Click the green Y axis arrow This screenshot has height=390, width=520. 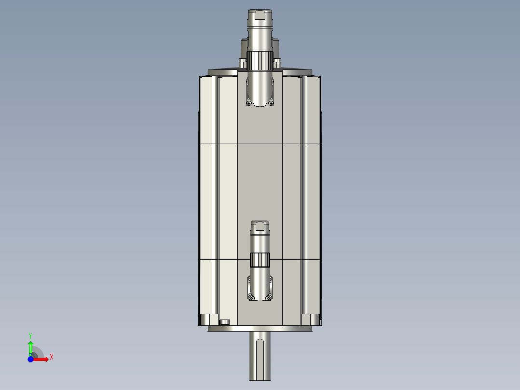point(30,347)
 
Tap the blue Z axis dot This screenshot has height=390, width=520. point(30,359)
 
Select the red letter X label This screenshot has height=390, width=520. point(51,357)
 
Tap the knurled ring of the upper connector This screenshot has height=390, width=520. point(260,60)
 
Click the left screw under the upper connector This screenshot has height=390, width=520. point(249,103)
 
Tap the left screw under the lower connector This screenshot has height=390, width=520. point(250,298)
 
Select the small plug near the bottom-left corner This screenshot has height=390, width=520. point(224,322)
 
